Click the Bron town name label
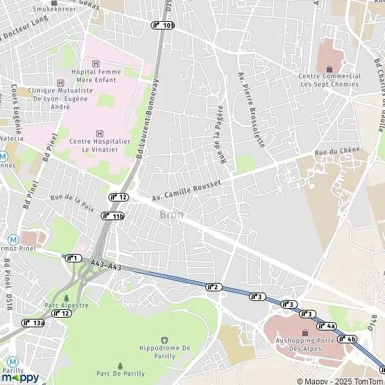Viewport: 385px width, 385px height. pyautogui.click(x=171, y=214)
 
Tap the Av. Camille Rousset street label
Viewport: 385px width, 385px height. pyautogui.click(x=187, y=191)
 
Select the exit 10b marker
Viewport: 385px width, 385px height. pyautogui.click(x=163, y=25)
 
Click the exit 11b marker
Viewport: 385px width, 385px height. pyautogui.click(x=113, y=216)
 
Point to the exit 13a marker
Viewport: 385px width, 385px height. pyautogui.click(x=33, y=323)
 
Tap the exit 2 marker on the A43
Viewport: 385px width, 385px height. pyautogui.click(x=214, y=286)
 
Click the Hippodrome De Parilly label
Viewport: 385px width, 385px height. pyautogui.click(x=165, y=347)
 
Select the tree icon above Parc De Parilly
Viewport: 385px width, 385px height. pyautogui.click(x=120, y=366)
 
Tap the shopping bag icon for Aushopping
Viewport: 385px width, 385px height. pyautogui.click(x=305, y=332)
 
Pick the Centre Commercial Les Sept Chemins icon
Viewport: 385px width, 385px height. pyautogui.click(x=330, y=69)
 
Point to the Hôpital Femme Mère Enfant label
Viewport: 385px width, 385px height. pyautogui.click(x=96, y=76)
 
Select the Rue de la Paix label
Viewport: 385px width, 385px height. pyautogui.click(x=72, y=203)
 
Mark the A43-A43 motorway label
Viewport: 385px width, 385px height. pyautogui.click(x=106, y=264)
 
